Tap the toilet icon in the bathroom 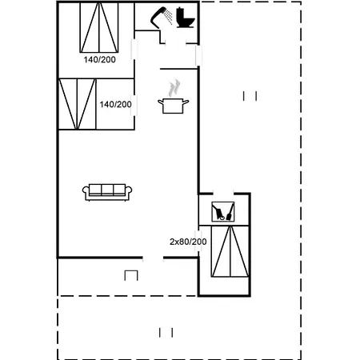pyautogui.click(x=186, y=18)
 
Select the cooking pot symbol pyautogui.click(x=174, y=106)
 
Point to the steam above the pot pyautogui.click(x=174, y=88)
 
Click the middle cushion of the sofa pyautogui.click(x=107, y=190)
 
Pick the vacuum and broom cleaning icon pyautogui.click(x=223, y=212)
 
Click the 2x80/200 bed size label pyautogui.click(x=188, y=242)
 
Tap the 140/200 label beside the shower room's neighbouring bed pyautogui.click(x=100, y=59)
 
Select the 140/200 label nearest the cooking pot pyautogui.click(x=115, y=104)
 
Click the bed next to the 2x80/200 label pyautogui.click(x=230, y=251)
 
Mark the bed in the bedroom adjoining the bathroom pyautogui.click(x=99, y=27)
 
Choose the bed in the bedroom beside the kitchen pyautogui.click(x=77, y=104)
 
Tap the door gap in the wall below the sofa pyautogui.click(x=153, y=258)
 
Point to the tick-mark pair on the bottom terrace pyautogui.click(x=166, y=333)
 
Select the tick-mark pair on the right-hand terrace pyautogui.click(x=250, y=96)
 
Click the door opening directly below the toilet pyautogui.click(x=175, y=43)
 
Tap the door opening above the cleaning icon pyautogui.click(x=223, y=193)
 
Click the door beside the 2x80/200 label pyautogui.click(x=198, y=241)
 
